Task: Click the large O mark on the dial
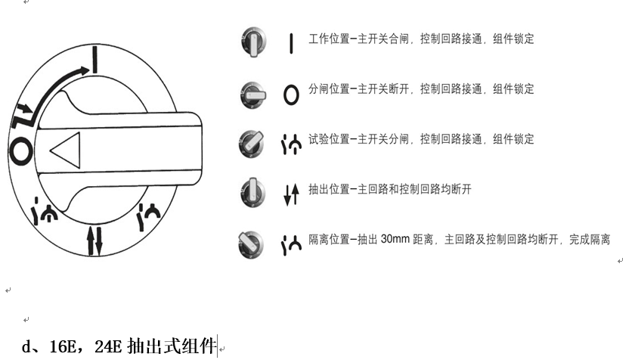21,150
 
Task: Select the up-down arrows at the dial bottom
94,240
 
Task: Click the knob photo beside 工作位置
253,41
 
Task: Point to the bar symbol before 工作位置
291,42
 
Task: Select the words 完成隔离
590,239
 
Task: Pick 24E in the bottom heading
110,347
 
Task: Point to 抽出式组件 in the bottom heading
173,347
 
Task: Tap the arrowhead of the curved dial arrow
83,70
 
